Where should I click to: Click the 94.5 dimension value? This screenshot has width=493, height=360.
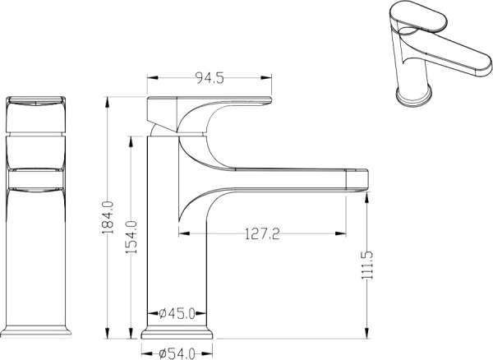pyautogui.click(x=210, y=79)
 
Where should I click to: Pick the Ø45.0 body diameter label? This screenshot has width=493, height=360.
pyautogui.click(x=177, y=313)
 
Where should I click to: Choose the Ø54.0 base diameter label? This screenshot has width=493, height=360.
pyautogui.click(x=177, y=353)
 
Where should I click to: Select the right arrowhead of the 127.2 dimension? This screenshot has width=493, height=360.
pyautogui.click(x=343, y=234)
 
